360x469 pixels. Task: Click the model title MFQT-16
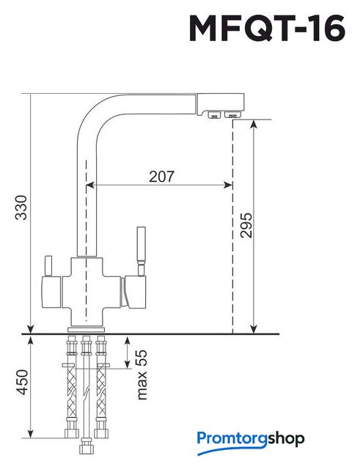(267, 28)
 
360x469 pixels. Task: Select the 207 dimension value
(161, 177)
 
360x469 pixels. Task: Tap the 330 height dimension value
(21, 207)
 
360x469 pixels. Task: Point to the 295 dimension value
(246, 225)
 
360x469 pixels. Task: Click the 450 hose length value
(23, 383)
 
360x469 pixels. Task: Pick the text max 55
(142, 374)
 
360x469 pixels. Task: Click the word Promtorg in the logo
(232, 439)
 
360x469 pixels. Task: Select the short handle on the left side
(48, 266)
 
